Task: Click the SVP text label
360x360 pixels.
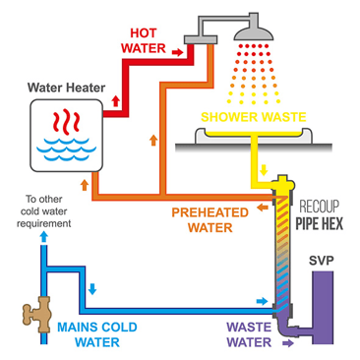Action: coord(323,262)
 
